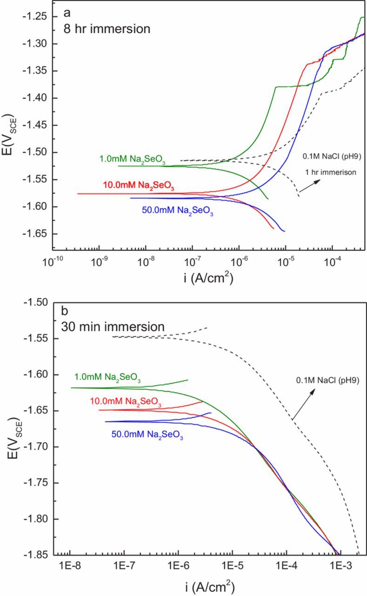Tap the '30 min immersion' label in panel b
(113, 327)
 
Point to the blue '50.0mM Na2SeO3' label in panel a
(173, 209)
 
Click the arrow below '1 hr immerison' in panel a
(308, 185)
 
